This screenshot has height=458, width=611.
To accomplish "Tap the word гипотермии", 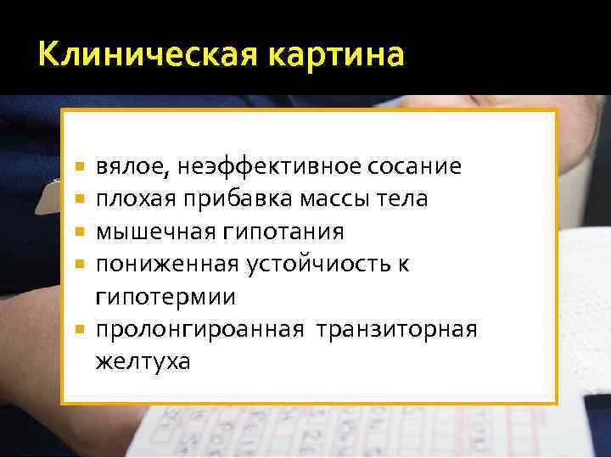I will tap(165, 298).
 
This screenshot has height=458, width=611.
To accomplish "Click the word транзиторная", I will tap(397, 329).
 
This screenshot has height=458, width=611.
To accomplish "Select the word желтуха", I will tap(143, 362).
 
